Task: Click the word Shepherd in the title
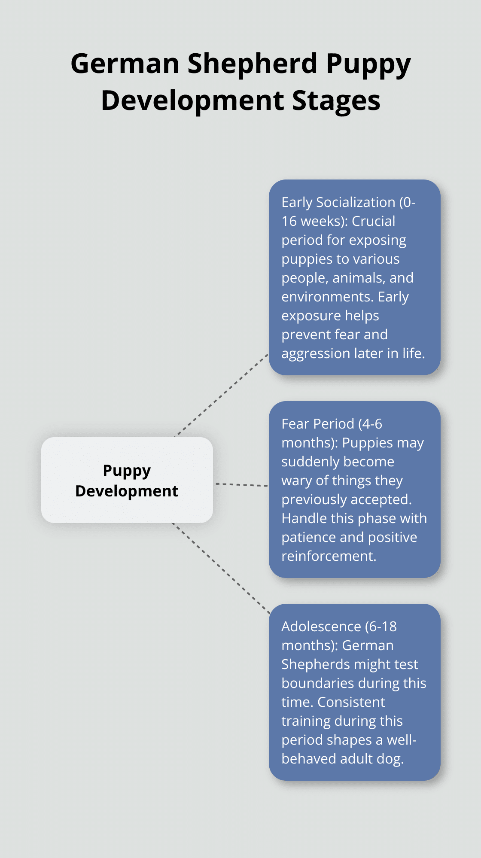coord(253,64)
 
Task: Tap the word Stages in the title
coord(336,101)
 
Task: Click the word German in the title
coord(125,64)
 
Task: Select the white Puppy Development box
coord(127,480)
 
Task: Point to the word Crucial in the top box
coord(373,221)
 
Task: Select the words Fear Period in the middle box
coord(318,424)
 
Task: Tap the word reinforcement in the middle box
coord(329,556)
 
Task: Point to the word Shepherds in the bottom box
coord(312,664)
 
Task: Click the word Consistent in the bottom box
coord(351,702)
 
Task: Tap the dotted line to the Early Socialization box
coord(221,396)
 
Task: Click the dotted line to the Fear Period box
coord(242,485)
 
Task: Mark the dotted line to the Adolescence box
coord(221,568)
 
